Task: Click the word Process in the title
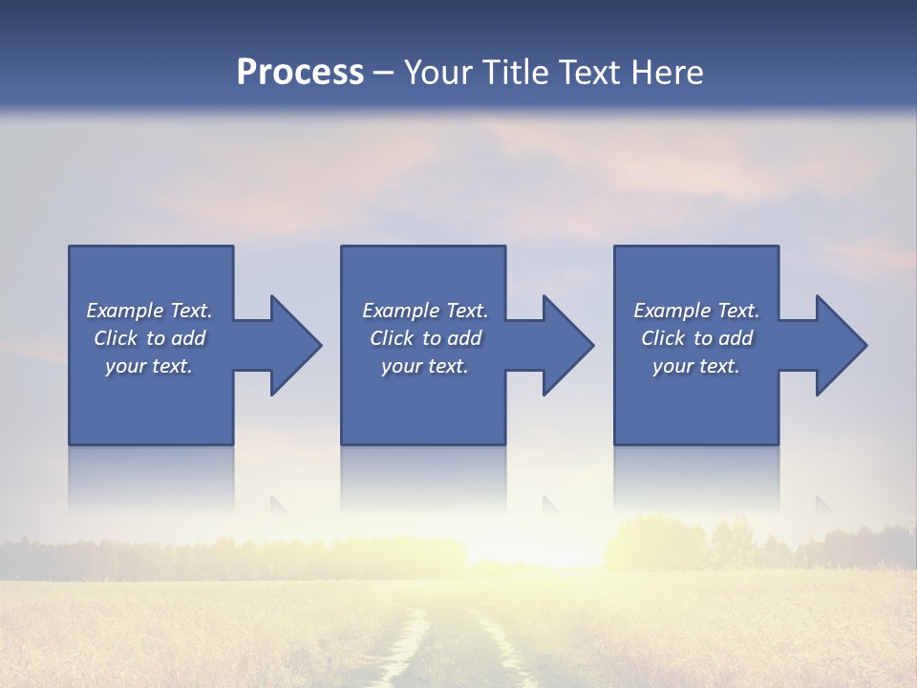click(300, 73)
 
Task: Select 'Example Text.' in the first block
click(149, 311)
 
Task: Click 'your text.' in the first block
click(149, 366)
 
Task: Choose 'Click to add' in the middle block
click(425, 338)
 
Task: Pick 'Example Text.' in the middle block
click(425, 311)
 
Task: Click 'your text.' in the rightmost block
click(696, 366)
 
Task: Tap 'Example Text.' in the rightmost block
click(696, 311)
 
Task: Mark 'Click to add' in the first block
click(149, 338)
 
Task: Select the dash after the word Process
click(384, 73)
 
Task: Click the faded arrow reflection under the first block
click(279, 505)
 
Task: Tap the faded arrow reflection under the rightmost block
click(824, 505)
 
